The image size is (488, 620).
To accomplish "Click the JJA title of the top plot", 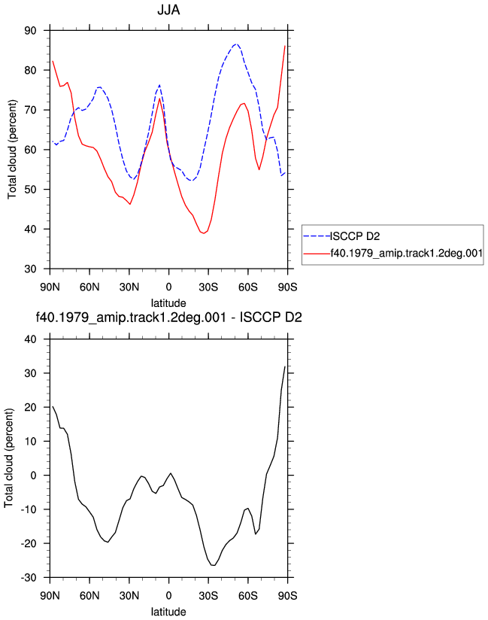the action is coord(168,10).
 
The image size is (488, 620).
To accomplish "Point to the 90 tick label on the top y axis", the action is coord(30,30).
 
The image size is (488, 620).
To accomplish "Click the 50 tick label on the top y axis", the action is coord(30,190).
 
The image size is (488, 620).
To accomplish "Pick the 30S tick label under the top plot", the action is coord(208,287).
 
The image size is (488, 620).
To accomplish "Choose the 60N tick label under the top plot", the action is coord(89,287).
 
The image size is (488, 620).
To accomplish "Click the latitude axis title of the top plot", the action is coord(168,303).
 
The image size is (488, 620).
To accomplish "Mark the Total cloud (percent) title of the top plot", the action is coord(12,150).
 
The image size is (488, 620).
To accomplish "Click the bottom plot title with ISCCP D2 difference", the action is coord(168,317).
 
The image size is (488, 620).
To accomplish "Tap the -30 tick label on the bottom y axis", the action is coord(28,578).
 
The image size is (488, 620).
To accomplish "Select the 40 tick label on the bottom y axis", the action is coord(30,339).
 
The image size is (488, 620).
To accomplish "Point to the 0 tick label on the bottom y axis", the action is coord(33,476).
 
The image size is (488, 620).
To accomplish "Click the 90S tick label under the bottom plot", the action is coord(287,595).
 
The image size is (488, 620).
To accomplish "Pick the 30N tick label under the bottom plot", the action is coord(129,595).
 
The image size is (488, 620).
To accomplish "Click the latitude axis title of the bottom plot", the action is coord(168,612).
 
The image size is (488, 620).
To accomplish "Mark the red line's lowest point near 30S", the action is coord(204,233).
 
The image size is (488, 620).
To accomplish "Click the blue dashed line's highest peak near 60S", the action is coord(236,44).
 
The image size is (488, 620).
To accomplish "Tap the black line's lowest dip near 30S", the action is coord(214,565).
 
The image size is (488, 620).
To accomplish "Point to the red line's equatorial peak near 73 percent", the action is coord(159,99).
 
